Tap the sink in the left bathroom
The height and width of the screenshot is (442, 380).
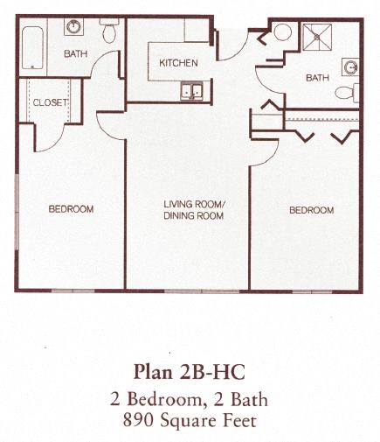pos(74,25)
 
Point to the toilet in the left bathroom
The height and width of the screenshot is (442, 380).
pos(109,32)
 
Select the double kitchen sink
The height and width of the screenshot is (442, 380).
pos(190,89)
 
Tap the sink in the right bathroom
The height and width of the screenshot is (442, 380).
pos(351,66)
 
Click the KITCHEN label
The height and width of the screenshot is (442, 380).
pos(178,63)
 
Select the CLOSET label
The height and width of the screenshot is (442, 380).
pos(50,102)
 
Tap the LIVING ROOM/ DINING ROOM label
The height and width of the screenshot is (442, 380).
pos(194,210)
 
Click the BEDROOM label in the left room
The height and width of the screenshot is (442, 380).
pos(71,209)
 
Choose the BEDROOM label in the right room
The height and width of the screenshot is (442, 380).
pos(311,210)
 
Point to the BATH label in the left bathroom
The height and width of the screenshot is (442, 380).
pos(76,54)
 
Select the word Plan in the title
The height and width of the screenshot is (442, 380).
pos(154,368)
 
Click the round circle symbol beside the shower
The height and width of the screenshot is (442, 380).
pos(283,32)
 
